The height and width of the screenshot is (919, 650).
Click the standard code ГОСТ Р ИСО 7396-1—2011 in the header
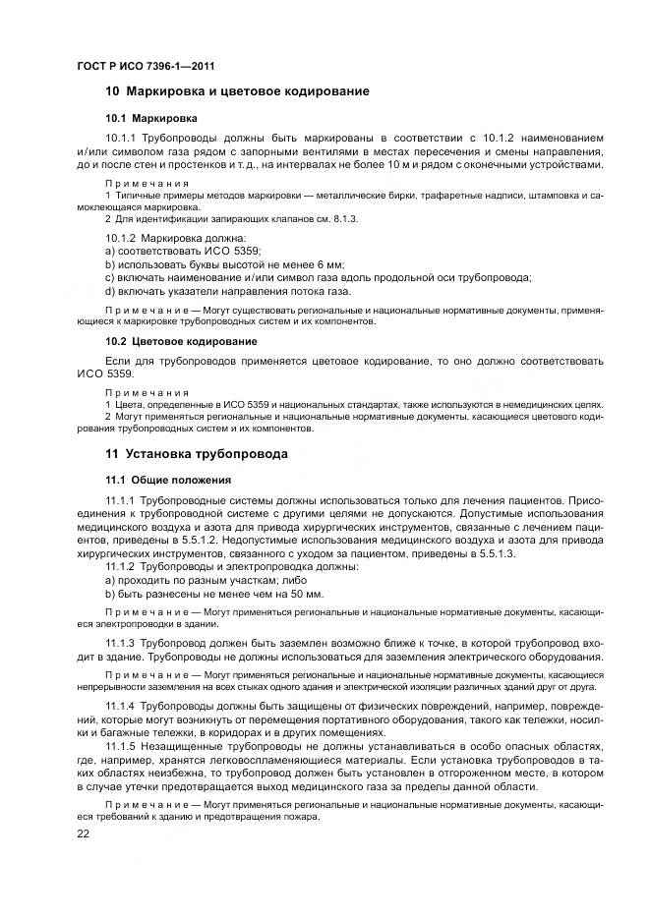tap(145, 66)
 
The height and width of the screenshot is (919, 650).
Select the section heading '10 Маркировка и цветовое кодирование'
tap(237, 91)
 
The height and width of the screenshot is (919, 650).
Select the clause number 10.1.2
tap(121, 238)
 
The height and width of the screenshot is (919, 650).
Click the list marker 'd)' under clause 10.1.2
tap(111, 290)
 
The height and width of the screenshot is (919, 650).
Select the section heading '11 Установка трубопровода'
tap(197, 454)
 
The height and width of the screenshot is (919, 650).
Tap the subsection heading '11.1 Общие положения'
tap(168, 480)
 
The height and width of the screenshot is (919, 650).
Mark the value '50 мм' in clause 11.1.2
tap(305, 594)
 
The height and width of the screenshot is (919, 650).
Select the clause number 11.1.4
tap(121, 708)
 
